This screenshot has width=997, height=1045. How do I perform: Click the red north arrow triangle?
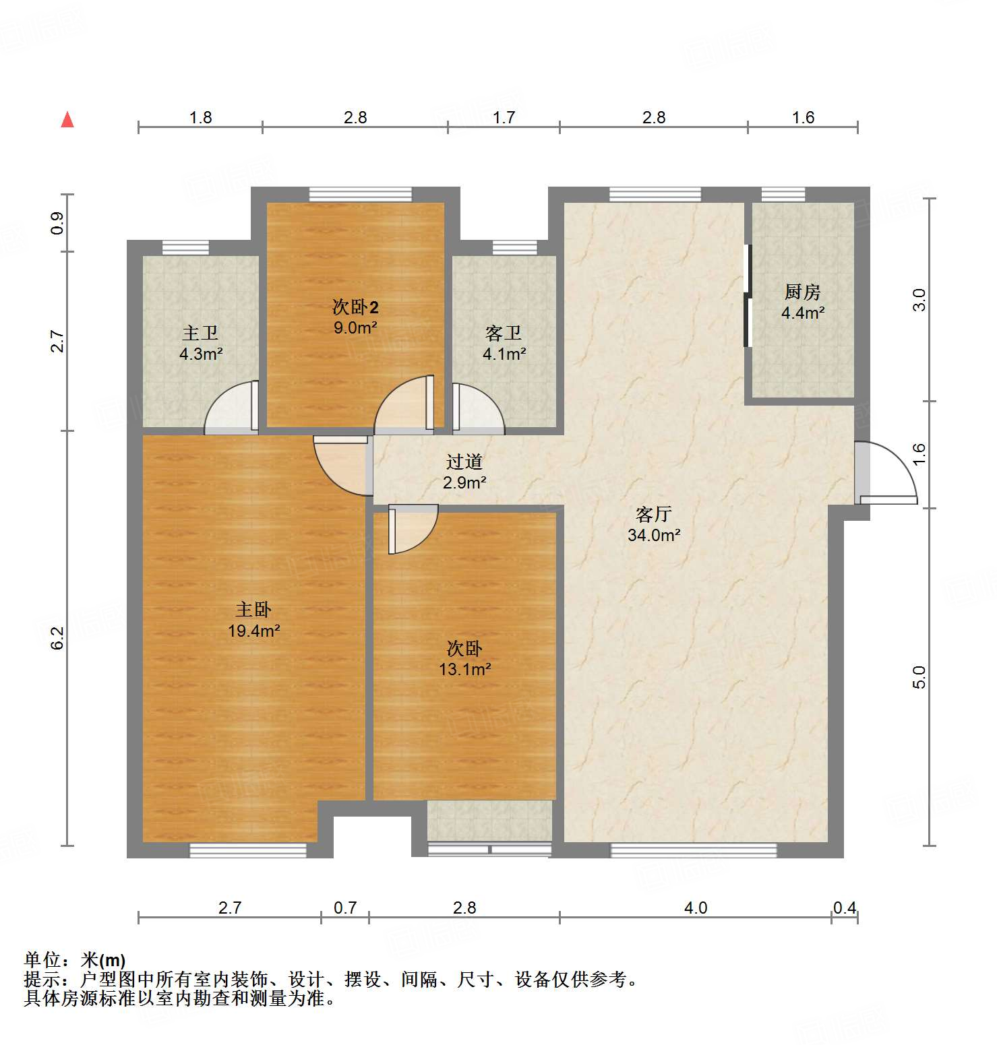[x=67, y=120]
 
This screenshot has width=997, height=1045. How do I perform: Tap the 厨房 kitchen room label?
[x=802, y=292]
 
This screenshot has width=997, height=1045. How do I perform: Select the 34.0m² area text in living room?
[x=653, y=536]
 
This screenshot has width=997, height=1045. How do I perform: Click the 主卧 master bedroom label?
[x=253, y=610]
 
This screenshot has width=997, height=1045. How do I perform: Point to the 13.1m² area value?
[x=464, y=670]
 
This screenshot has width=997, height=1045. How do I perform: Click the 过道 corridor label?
[x=464, y=462]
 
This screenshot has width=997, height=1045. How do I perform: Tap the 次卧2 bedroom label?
[x=355, y=307]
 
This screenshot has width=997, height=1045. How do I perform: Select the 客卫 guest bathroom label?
[x=503, y=334]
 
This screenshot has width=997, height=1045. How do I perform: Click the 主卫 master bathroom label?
[x=200, y=334]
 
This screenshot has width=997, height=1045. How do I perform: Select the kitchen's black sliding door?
[x=747, y=296]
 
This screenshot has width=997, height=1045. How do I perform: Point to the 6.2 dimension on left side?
[x=58, y=638]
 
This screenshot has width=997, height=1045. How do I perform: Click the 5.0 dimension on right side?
[x=919, y=676]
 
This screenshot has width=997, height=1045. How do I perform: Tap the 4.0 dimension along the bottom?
[x=695, y=908]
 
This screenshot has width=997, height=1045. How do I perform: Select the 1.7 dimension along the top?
[x=504, y=118]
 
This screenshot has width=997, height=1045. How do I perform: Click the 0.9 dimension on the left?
[x=58, y=223]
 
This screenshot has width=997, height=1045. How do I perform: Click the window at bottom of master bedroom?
[x=247, y=850]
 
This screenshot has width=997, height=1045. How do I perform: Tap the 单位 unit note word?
[x=41, y=960]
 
